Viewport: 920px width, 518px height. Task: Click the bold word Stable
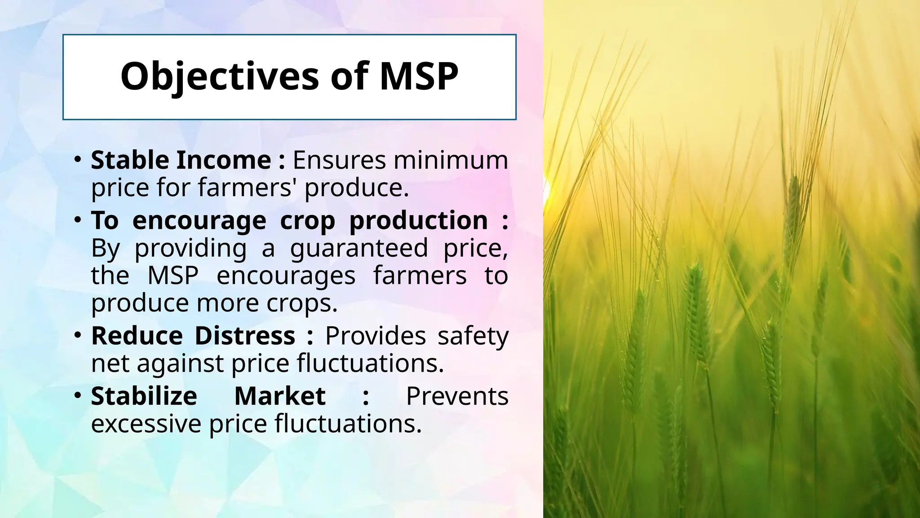click(129, 160)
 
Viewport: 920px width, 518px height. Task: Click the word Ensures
click(339, 160)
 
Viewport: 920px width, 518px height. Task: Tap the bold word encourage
click(199, 221)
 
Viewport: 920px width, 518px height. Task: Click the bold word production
click(418, 221)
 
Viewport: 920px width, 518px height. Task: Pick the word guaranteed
click(359, 248)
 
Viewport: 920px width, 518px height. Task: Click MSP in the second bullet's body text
click(173, 276)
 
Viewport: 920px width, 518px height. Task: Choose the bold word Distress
click(245, 336)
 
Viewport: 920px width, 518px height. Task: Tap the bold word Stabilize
click(144, 396)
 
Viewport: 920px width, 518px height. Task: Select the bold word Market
click(280, 396)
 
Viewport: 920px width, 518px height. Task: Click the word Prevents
click(457, 396)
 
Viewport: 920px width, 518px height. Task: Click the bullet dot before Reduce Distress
click(78, 335)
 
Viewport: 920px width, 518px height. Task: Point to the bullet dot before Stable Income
click(78, 159)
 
